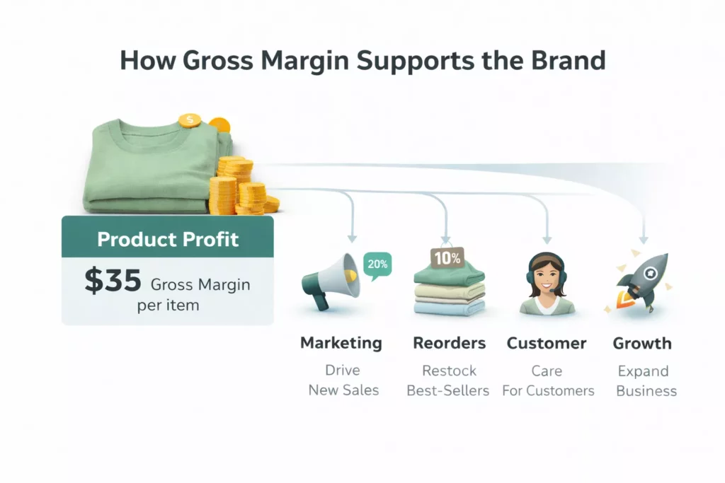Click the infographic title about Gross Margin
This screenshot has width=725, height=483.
point(362,61)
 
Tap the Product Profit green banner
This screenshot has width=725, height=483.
point(167,239)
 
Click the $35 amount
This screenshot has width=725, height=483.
point(113,281)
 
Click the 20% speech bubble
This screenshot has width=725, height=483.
point(377,264)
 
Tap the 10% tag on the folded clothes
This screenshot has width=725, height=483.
point(447,258)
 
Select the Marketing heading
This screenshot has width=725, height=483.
point(341,344)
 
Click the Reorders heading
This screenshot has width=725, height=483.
point(449,344)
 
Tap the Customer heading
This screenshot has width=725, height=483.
point(547,344)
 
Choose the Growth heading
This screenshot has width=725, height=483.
point(642,344)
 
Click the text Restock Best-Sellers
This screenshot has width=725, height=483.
point(448,380)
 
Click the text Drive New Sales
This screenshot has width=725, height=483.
point(343,380)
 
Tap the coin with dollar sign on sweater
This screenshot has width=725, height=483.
point(190,120)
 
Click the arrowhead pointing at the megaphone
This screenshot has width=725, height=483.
point(352,238)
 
